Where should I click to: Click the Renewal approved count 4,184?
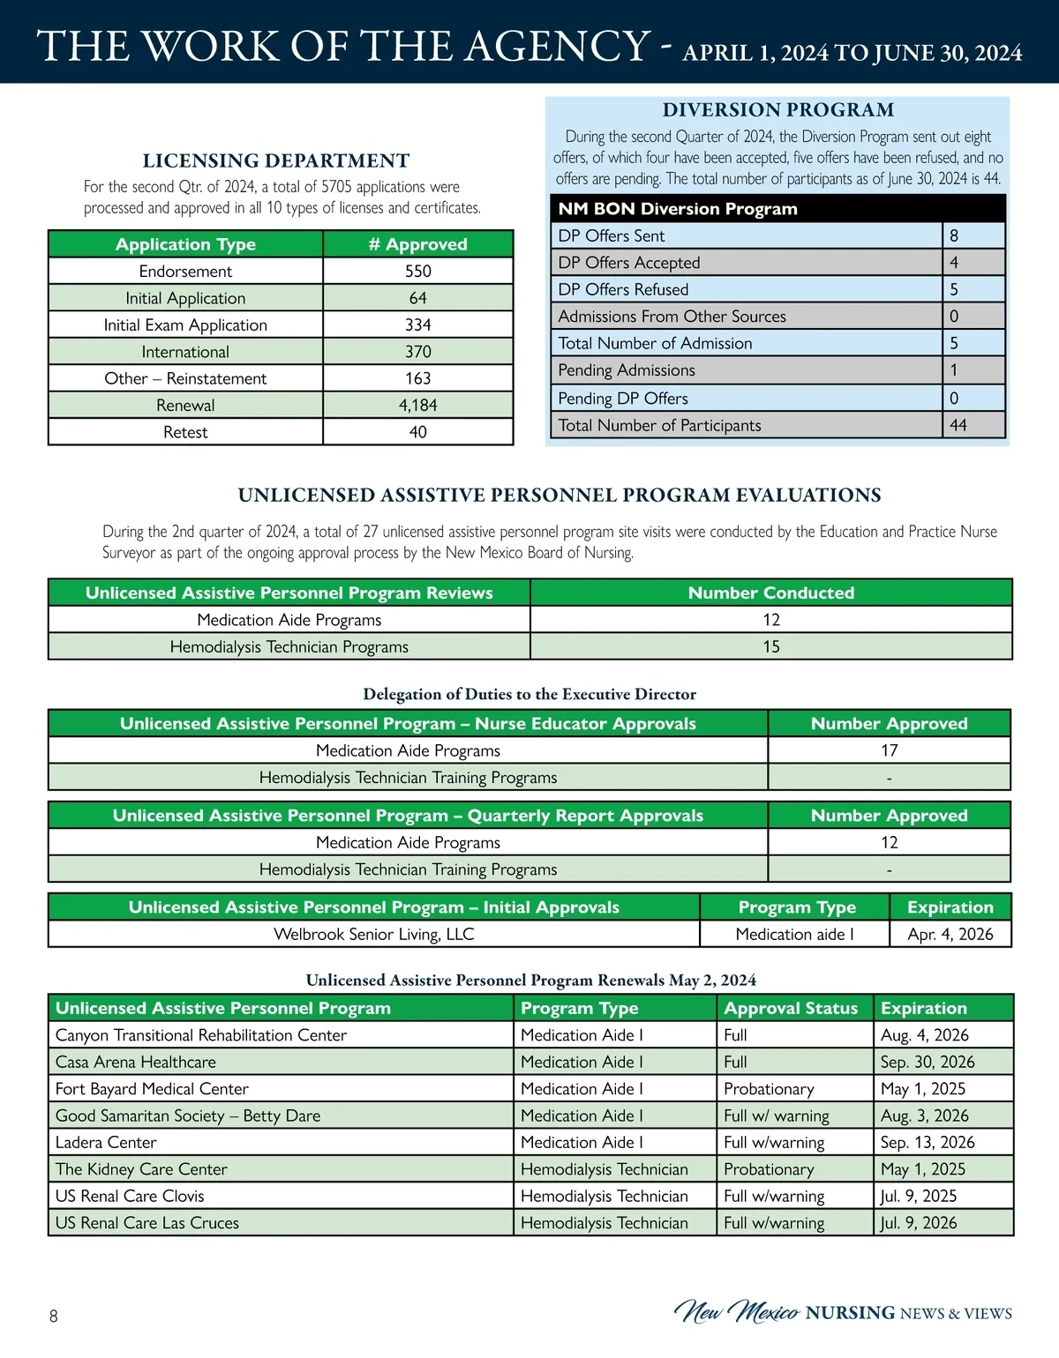click(x=417, y=406)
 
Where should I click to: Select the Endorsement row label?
click(x=185, y=272)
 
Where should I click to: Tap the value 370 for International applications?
click(x=417, y=352)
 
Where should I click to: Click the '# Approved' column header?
click(x=417, y=244)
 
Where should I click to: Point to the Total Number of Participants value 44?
click(x=958, y=425)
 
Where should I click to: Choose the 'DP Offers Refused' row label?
click(x=623, y=289)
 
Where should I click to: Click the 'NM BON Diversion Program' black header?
click(x=678, y=209)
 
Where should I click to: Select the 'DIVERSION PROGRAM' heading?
click(x=778, y=110)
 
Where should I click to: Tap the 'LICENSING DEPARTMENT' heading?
click(x=276, y=160)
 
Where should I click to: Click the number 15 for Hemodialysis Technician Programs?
click(x=771, y=646)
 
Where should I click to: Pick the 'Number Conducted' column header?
click(x=771, y=593)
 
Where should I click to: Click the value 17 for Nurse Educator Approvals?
click(x=889, y=750)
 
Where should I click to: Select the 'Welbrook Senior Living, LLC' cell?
click(x=374, y=934)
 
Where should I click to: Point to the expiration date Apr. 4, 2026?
click(x=950, y=934)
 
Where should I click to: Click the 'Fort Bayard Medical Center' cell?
click(x=152, y=1089)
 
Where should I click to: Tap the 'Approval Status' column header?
click(x=791, y=1008)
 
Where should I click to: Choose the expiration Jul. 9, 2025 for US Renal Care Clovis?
click(x=919, y=1196)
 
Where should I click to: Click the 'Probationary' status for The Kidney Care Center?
click(x=769, y=1169)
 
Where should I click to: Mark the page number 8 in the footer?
click(x=54, y=1317)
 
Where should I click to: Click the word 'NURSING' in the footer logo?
click(x=850, y=1313)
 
